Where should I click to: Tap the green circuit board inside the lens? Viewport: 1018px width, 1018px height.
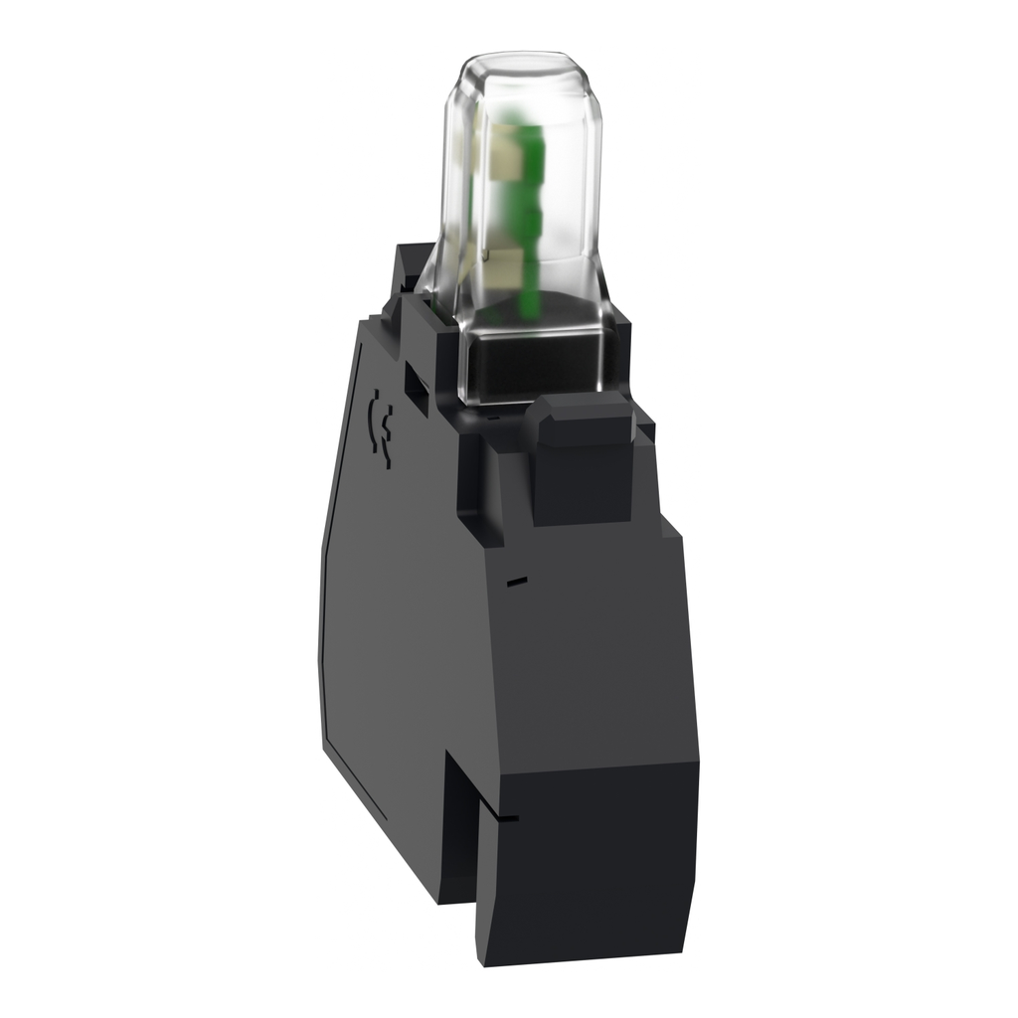[519, 199]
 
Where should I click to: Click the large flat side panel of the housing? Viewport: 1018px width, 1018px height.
[398, 616]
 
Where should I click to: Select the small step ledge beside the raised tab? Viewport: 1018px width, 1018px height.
[646, 432]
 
